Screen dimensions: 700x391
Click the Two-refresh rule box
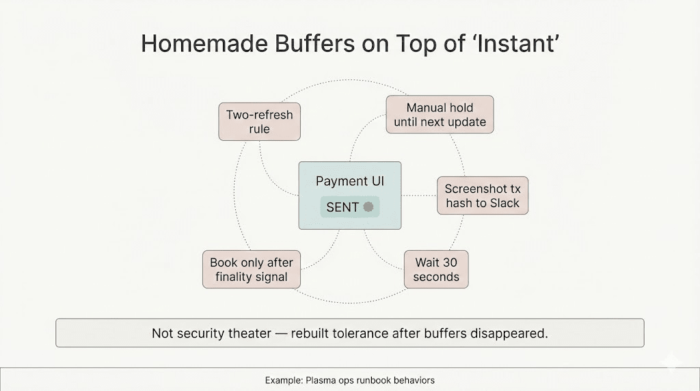click(x=259, y=122)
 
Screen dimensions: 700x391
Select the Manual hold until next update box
click(x=440, y=114)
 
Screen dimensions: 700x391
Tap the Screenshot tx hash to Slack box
click(x=483, y=195)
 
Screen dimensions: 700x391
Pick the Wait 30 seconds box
click(x=436, y=269)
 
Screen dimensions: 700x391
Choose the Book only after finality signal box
click(x=252, y=269)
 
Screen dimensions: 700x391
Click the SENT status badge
click(x=350, y=206)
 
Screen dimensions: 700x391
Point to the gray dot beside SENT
click(x=368, y=206)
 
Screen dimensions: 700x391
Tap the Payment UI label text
click(x=350, y=180)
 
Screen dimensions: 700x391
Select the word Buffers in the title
click(x=314, y=44)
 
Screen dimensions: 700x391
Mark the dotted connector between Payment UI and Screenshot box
click(x=419, y=195)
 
